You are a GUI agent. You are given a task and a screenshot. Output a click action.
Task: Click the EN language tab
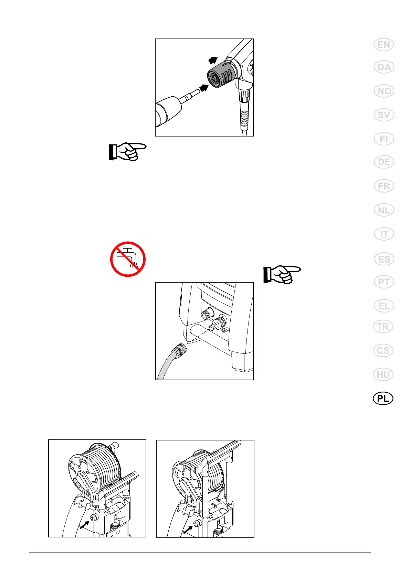point(383,45)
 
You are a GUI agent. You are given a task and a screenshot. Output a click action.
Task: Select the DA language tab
point(383,67)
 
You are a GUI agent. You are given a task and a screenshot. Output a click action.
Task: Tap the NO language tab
point(383,91)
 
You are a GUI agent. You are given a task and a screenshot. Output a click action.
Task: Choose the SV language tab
point(383,115)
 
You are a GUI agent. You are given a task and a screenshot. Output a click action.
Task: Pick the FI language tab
point(383,139)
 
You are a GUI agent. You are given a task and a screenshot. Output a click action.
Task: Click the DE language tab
point(383,162)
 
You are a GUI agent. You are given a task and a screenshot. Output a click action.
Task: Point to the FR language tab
point(383,186)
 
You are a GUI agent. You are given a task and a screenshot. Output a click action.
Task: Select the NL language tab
point(383,210)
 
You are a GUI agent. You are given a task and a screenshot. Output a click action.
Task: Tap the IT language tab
point(383,234)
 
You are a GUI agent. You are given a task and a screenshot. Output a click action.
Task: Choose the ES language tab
point(383,259)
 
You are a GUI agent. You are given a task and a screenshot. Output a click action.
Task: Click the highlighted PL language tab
point(383,398)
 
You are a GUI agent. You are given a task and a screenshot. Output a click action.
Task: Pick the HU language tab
point(383,374)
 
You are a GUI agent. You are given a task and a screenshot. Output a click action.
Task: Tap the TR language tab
point(383,327)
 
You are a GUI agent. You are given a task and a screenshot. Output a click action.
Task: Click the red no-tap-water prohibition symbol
point(128,259)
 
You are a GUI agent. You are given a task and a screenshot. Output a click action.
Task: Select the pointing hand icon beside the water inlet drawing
point(282,274)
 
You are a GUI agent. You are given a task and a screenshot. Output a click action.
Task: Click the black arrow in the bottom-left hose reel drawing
point(84,525)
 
